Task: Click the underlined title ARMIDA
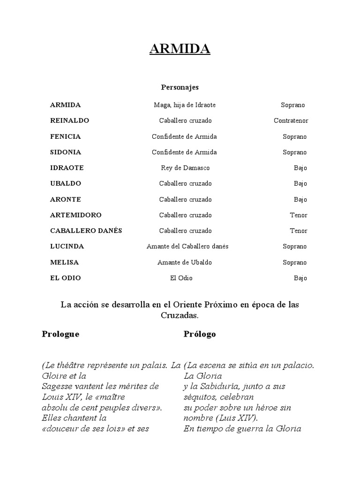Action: (x=180, y=49)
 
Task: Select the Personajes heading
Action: (x=180, y=87)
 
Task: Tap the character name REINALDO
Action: (x=69, y=120)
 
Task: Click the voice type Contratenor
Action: (x=291, y=120)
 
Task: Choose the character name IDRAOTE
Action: (x=67, y=168)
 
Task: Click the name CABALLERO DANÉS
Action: (x=86, y=231)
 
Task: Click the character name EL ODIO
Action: (x=66, y=278)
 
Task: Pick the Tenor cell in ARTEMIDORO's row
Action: (x=298, y=215)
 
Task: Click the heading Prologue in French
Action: (x=60, y=334)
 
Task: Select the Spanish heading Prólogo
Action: (x=200, y=334)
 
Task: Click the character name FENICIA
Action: (x=66, y=136)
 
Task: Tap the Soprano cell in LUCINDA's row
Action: (x=294, y=247)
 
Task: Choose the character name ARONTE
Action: (x=66, y=199)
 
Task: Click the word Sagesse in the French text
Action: (x=57, y=387)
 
